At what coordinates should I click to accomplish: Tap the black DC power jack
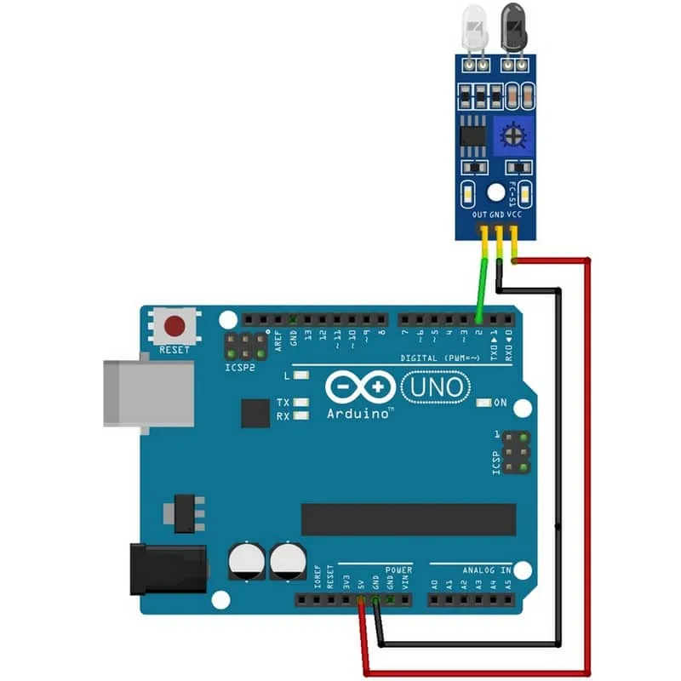167,569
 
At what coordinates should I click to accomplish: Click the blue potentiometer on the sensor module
512,134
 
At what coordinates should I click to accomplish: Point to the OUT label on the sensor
480,215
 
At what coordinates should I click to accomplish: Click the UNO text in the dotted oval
437,387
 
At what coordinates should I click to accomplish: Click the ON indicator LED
484,403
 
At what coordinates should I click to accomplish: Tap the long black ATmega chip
409,519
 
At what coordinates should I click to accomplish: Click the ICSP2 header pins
248,346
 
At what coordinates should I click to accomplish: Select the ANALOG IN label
487,570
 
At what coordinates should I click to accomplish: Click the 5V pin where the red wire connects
362,600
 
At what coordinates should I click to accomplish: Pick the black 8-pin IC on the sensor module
470,134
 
